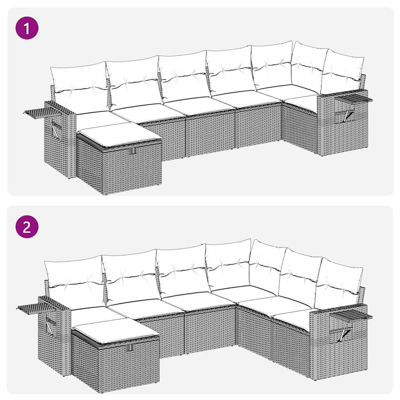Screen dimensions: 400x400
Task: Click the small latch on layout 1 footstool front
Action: click(133, 151)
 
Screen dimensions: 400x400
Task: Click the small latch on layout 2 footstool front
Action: click(130, 347)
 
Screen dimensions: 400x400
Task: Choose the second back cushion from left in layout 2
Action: click(131, 275)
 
